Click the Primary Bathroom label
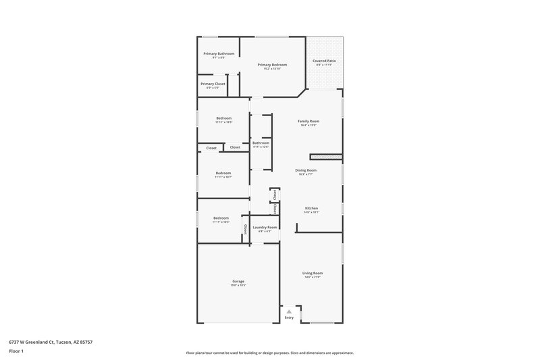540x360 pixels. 219,53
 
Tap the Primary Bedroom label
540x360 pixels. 273,65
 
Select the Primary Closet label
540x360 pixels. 213,84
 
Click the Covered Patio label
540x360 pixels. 324,61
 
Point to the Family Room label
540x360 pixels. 308,121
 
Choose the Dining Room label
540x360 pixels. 306,170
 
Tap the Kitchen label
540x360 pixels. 311,208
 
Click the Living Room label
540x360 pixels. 312,273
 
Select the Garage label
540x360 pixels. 238,281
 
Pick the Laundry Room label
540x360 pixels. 265,228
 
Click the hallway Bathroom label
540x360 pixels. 261,143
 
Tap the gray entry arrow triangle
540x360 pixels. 289,311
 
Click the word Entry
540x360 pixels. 289,317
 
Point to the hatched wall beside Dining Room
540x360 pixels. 326,157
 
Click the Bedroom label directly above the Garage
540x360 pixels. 221,218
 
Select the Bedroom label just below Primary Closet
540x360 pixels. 223,118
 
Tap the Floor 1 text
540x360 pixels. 16,352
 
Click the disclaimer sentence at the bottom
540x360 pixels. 269,353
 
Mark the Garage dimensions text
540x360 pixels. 238,285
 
